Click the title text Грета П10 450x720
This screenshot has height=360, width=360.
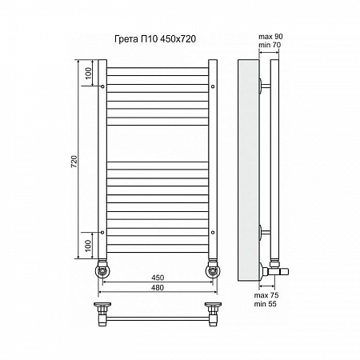coord(155,39)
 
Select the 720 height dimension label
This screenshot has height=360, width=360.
coord(74,162)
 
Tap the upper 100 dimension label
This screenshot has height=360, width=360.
coord(88,74)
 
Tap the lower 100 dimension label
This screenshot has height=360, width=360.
coord(88,246)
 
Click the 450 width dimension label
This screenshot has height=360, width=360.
coord(158,278)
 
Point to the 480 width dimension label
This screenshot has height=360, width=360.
coord(158,288)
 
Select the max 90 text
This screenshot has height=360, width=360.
coord(270,37)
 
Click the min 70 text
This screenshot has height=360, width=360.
coord(270,45)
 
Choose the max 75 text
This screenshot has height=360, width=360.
coord(266,295)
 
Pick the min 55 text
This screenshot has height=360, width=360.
coord(266,304)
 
